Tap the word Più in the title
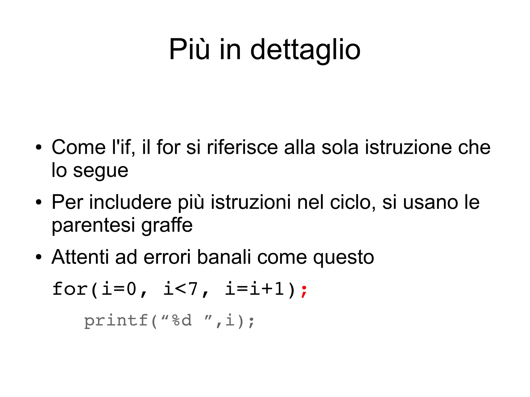[x=189, y=49]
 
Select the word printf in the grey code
[x=116, y=321]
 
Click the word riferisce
[x=242, y=147]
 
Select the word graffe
[x=167, y=225]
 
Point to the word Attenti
[x=80, y=257]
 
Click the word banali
[x=224, y=257]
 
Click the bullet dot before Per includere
[x=39, y=203]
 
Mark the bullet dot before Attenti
[x=39, y=257]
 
